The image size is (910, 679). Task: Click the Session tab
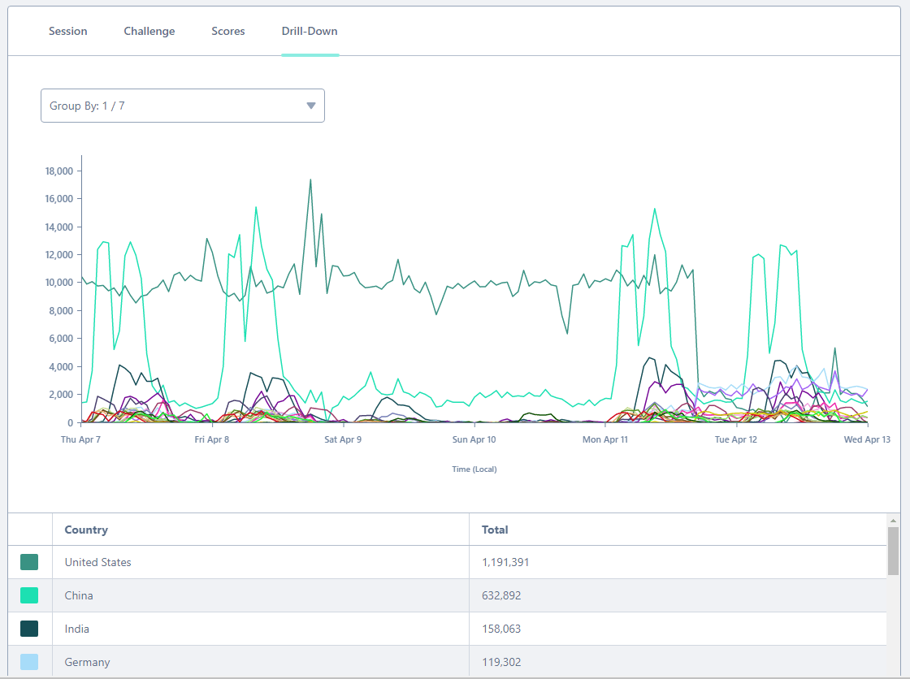click(x=68, y=32)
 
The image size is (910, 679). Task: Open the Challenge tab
click(x=149, y=32)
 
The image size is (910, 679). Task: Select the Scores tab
click(x=228, y=32)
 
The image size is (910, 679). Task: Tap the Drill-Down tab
click(x=310, y=32)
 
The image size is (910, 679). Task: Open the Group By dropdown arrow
click(x=311, y=106)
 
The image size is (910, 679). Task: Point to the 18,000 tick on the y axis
click(x=59, y=171)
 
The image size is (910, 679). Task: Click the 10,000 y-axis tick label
click(x=59, y=283)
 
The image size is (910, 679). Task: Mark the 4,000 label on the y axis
click(x=61, y=367)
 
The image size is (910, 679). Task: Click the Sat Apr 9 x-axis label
click(x=343, y=439)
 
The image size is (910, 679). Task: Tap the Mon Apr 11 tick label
click(x=605, y=439)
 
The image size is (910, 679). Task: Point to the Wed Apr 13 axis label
click(x=867, y=439)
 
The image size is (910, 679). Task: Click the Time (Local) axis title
click(x=474, y=469)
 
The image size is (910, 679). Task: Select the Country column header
click(x=86, y=530)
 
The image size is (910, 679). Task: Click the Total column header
click(x=495, y=530)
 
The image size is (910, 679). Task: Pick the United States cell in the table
click(x=98, y=562)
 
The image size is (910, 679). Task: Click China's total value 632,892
click(x=501, y=595)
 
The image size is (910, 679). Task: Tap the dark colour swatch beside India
click(x=29, y=629)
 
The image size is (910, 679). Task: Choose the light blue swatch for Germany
click(x=29, y=662)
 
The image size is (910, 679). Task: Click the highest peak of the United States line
click(x=310, y=180)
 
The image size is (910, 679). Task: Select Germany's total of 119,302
click(x=501, y=662)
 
